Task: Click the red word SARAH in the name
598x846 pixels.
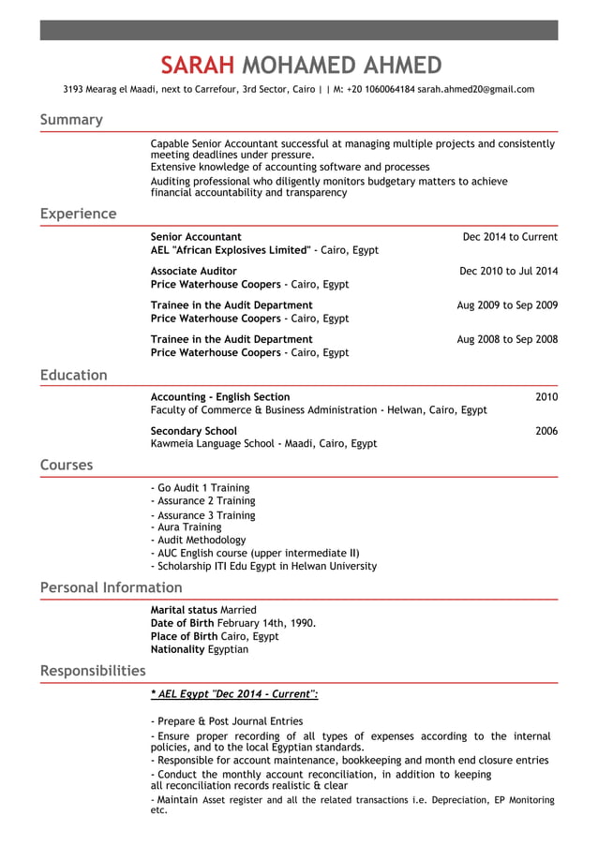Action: tap(196, 65)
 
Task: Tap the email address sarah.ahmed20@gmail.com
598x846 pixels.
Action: tap(476, 90)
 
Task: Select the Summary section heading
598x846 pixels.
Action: tap(71, 120)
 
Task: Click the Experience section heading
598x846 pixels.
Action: tap(78, 214)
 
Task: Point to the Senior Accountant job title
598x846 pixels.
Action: tap(196, 237)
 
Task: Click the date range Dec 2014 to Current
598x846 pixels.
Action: tap(510, 237)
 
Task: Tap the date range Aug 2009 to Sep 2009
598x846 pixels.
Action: tap(507, 305)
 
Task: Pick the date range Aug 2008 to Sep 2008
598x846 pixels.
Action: tap(507, 339)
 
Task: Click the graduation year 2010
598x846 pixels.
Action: tap(546, 397)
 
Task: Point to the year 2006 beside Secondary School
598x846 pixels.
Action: tap(546, 431)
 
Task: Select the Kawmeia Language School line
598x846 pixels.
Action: tap(263, 444)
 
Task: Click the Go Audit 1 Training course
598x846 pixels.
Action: tap(201, 488)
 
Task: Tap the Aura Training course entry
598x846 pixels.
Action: tap(187, 527)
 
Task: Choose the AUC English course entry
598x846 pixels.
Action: tap(255, 553)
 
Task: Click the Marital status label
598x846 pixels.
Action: tap(184, 610)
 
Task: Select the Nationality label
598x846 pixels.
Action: tap(178, 649)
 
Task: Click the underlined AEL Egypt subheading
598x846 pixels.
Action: tap(234, 694)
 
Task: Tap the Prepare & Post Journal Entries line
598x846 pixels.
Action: tap(227, 721)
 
